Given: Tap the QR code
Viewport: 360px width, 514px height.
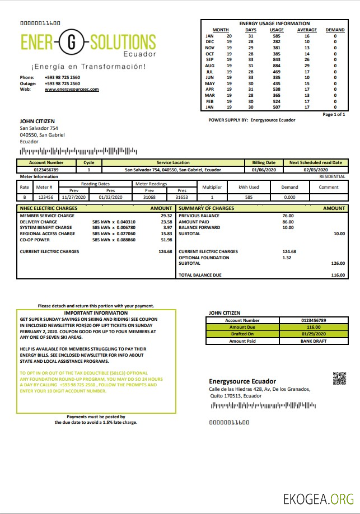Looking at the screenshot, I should click(340, 379).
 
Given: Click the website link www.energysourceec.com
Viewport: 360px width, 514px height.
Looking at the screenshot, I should click(72, 89).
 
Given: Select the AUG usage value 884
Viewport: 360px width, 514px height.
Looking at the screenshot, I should click(277, 66).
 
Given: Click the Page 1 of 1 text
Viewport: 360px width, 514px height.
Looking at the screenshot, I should click(334, 114).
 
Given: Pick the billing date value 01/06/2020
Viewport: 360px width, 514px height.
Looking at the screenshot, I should click(263, 169).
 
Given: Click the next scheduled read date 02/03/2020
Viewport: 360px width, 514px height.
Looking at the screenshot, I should click(315, 169).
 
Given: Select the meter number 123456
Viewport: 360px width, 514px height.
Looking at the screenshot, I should click(45, 197).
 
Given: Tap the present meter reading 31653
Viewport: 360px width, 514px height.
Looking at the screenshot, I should click(182, 197).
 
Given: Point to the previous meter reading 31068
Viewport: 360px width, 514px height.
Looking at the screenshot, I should click(149, 197).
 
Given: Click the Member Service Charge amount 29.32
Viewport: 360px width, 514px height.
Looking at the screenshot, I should click(166, 216).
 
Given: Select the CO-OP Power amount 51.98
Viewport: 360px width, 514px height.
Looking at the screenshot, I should click(166, 240).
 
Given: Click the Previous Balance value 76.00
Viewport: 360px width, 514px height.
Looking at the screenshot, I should click(288, 216).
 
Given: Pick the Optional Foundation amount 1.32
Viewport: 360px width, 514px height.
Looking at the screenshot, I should click(287, 258).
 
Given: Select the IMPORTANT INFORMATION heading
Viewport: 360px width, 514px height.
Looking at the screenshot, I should click(96, 313).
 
